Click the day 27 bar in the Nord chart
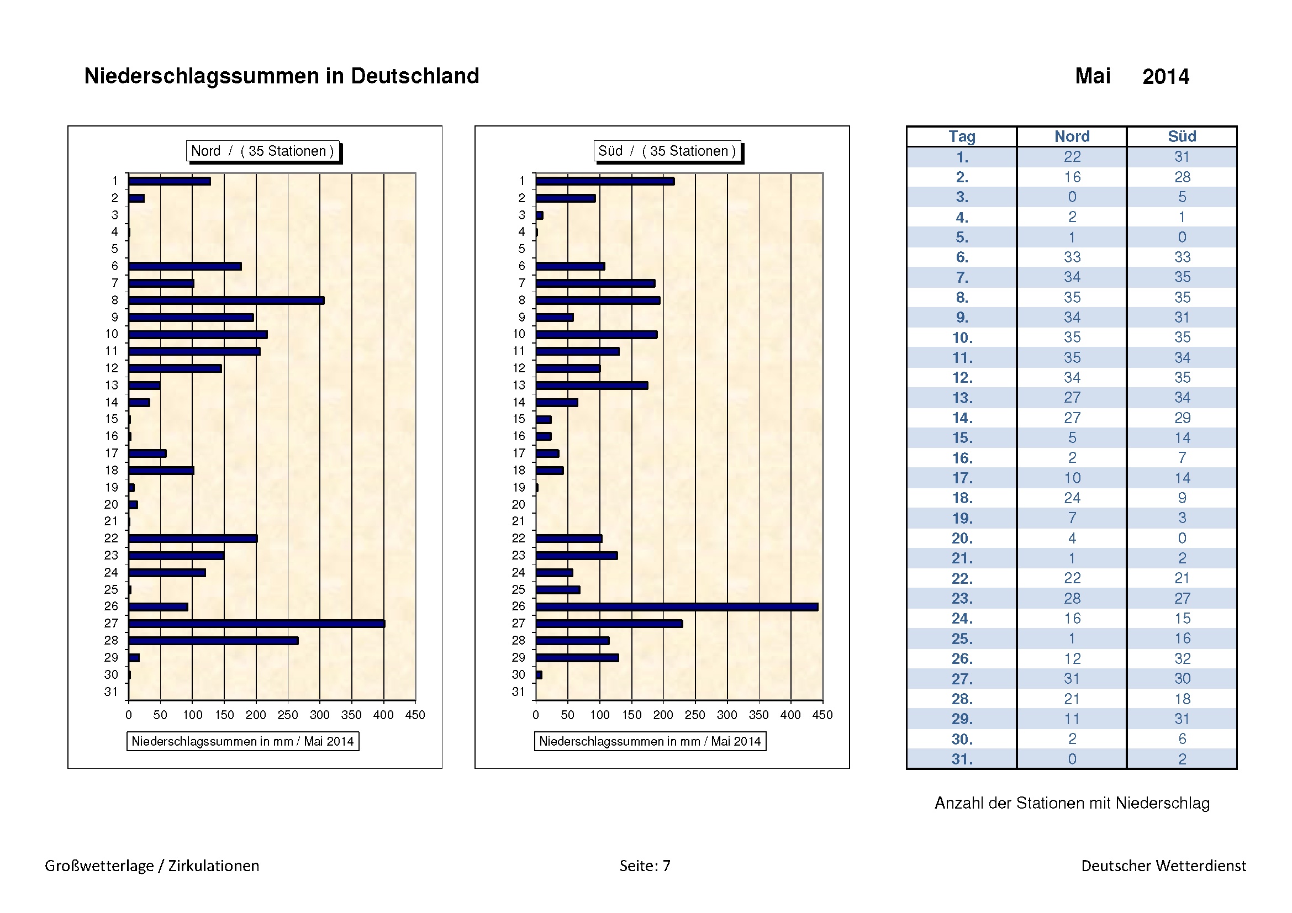[257, 623]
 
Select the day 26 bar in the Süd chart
[677, 606]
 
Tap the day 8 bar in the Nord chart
[226, 300]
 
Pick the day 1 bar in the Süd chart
[605, 181]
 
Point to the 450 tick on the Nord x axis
[415, 714]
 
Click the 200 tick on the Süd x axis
[663, 714]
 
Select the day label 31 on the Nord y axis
[111, 692]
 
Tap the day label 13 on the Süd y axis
[518, 386]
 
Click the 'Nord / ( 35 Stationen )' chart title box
[263, 151]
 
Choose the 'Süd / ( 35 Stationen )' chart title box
[667, 151]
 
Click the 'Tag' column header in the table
[962, 136]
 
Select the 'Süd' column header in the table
[1182, 136]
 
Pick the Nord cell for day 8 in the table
[1072, 297]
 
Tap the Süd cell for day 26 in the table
[1182, 658]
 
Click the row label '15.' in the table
[962, 437]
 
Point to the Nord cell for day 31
[1072, 759]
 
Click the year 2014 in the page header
[1166, 77]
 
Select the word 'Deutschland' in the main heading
[415, 76]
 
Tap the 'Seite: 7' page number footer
[645, 865]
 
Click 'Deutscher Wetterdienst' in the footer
[1163, 865]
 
